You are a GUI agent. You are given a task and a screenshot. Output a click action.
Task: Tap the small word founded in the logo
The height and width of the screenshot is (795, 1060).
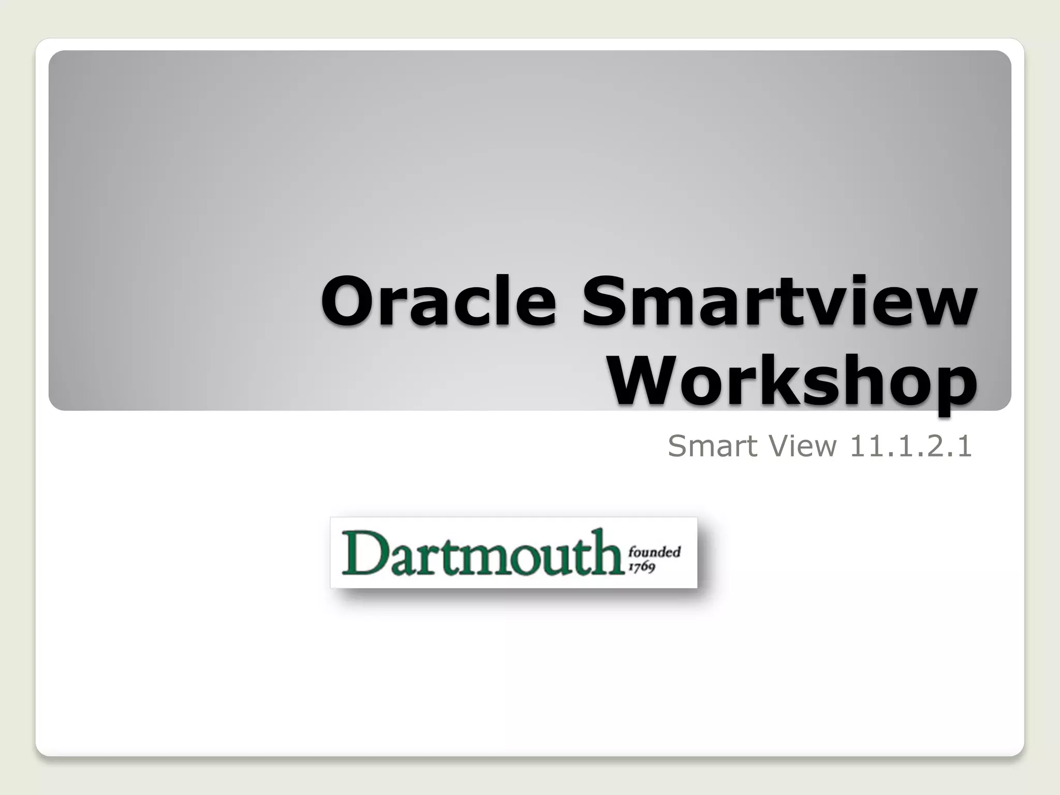(x=654, y=552)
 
